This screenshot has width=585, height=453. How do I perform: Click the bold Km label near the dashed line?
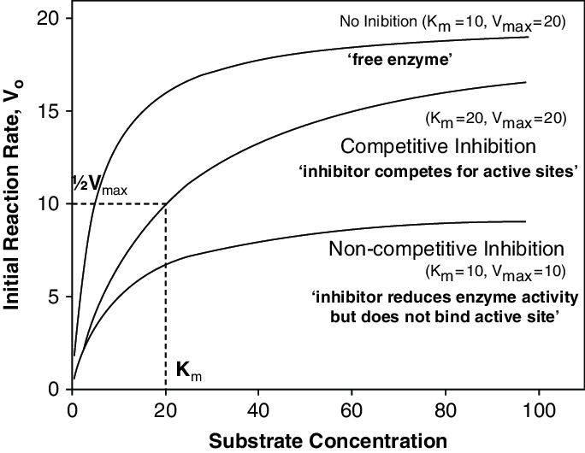pyautogui.click(x=189, y=370)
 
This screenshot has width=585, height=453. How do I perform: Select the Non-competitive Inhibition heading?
pyautogui.click(x=446, y=250)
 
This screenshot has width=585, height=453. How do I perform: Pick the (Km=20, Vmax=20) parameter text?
pyautogui.click(x=495, y=118)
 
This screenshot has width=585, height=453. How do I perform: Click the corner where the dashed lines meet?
pyautogui.click(x=165, y=204)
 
